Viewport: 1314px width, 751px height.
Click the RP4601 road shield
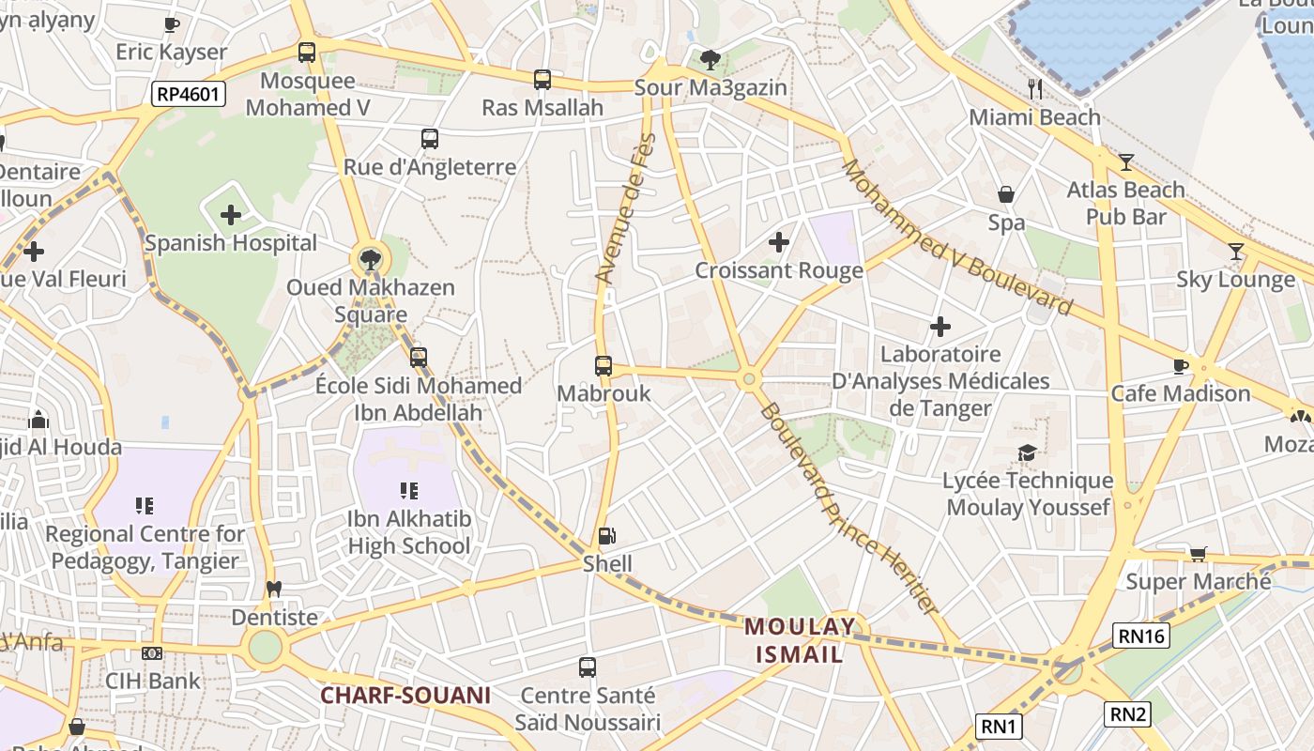[189, 93]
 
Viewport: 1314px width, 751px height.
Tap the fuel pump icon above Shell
[607, 537]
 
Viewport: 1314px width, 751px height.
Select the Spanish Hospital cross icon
[231, 216]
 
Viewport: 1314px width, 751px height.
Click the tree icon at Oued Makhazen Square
[371, 259]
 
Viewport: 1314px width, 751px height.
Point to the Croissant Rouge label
[778, 270]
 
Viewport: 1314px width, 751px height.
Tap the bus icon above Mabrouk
[604, 366]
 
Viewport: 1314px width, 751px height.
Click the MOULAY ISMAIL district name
[801, 640]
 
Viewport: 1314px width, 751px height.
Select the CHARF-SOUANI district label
[405, 696]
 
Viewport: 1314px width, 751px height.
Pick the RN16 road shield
[1141, 636]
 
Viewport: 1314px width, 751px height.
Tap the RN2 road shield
[1127, 714]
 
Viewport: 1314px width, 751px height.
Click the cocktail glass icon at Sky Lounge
[1236, 252]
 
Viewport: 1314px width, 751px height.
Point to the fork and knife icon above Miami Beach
[1035, 89]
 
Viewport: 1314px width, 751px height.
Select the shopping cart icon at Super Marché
[1198, 554]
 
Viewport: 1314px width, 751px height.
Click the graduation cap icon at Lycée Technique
[1027, 453]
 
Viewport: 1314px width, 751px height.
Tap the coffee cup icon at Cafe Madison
[1181, 366]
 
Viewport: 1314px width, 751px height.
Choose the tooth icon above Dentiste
[274, 590]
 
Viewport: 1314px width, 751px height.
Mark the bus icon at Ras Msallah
[542, 80]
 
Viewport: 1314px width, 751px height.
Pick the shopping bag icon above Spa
[1006, 195]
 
